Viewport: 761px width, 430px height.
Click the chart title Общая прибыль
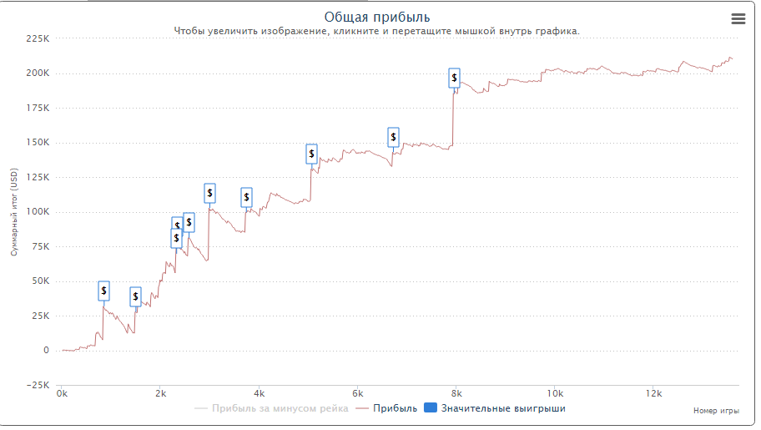[x=376, y=18]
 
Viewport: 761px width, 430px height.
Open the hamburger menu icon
[x=738, y=19]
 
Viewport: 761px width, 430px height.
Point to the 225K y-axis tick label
[x=38, y=38]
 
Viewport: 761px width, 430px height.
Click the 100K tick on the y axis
[x=38, y=211]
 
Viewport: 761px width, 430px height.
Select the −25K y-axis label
[x=38, y=385]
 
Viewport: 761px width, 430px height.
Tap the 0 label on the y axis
[x=46, y=350]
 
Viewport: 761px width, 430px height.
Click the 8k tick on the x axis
[x=456, y=393]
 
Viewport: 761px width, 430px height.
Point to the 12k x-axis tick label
[x=653, y=393]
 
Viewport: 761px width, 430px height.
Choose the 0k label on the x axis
[x=61, y=393]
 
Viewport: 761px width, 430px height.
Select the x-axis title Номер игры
[x=716, y=411]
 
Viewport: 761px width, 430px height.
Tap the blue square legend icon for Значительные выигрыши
[x=431, y=408]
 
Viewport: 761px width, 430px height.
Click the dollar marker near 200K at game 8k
[x=454, y=78]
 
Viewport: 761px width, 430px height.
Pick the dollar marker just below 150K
[x=393, y=137]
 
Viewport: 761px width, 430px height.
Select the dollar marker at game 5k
[x=311, y=153]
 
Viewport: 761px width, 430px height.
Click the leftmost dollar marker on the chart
[x=103, y=291]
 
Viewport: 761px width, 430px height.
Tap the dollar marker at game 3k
[x=209, y=193]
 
